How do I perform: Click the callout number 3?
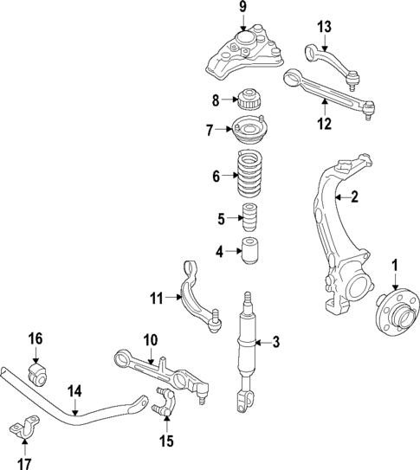pos(276,343)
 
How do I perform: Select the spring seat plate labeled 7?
pos(249,132)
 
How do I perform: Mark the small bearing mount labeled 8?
pos(249,98)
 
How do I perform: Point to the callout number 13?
pos(324,27)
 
